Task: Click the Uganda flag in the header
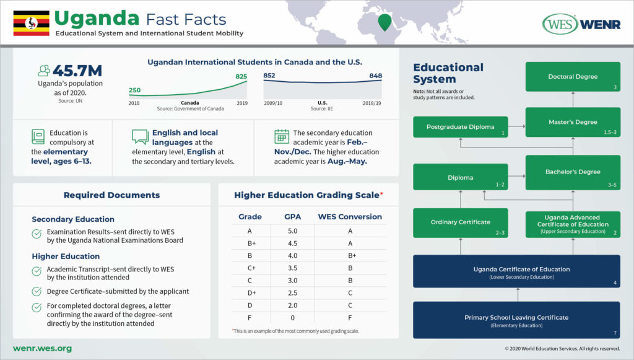click(x=32, y=23)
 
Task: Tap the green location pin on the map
click(x=384, y=22)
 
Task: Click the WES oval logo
click(x=560, y=24)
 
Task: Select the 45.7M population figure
click(x=77, y=71)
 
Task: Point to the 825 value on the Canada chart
click(x=240, y=76)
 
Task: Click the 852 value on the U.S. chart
click(x=269, y=76)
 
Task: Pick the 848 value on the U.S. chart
click(x=375, y=76)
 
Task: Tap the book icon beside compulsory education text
click(x=38, y=136)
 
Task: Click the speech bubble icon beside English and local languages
click(x=140, y=136)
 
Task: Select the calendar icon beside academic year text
click(x=282, y=136)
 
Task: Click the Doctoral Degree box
click(x=573, y=77)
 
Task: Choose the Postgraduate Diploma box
click(x=461, y=127)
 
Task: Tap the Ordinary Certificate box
click(x=461, y=222)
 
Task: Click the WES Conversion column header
click(x=350, y=217)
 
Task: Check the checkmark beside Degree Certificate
click(x=37, y=291)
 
